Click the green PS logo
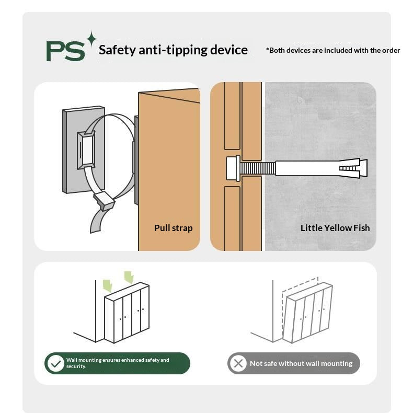tap(65, 51)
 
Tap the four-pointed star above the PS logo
tap(91, 39)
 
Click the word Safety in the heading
tap(117, 50)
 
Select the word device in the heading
tap(229, 50)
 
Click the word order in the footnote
tap(391, 50)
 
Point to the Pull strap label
tap(174, 228)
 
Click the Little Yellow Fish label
tap(335, 228)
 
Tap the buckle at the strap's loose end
tap(104, 201)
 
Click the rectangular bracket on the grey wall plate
tap(86, 150)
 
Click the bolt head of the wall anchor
tap(233, 168)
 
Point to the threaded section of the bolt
tap(258, 168)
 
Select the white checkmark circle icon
tap(55, 363)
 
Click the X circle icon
tap(238, 363)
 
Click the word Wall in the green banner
tap(72, 360)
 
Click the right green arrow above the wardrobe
tap(129, 278)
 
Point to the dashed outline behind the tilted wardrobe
tap(300, 283)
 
